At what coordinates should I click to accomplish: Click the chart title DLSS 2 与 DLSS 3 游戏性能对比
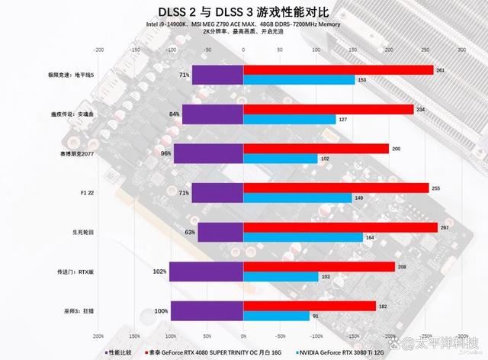[243, 11]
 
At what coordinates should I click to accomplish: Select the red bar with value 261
[338, 70]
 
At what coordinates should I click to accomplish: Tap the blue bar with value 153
[299, 79]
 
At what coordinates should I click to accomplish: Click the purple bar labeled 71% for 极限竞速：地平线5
[217, 75]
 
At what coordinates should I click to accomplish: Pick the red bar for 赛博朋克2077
[316, 149]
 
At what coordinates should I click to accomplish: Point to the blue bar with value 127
[290, 119]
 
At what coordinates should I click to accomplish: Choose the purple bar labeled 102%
[206, 271]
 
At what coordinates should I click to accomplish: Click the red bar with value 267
[340, 227]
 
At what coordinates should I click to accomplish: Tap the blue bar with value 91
[277, 315]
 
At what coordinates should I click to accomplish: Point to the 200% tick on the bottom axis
[98, 336]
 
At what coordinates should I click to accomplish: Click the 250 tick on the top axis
[425, 48]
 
